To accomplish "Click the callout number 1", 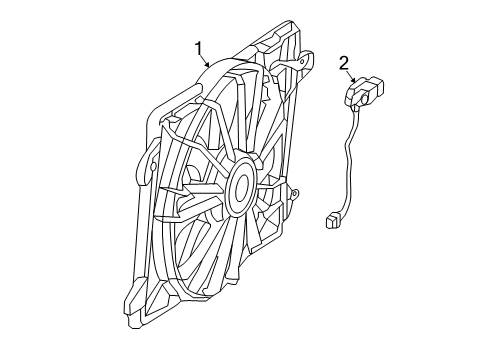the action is pos(199,47).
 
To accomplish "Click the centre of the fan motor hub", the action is pos(240,187).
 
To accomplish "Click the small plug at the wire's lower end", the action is pos(333,220).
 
